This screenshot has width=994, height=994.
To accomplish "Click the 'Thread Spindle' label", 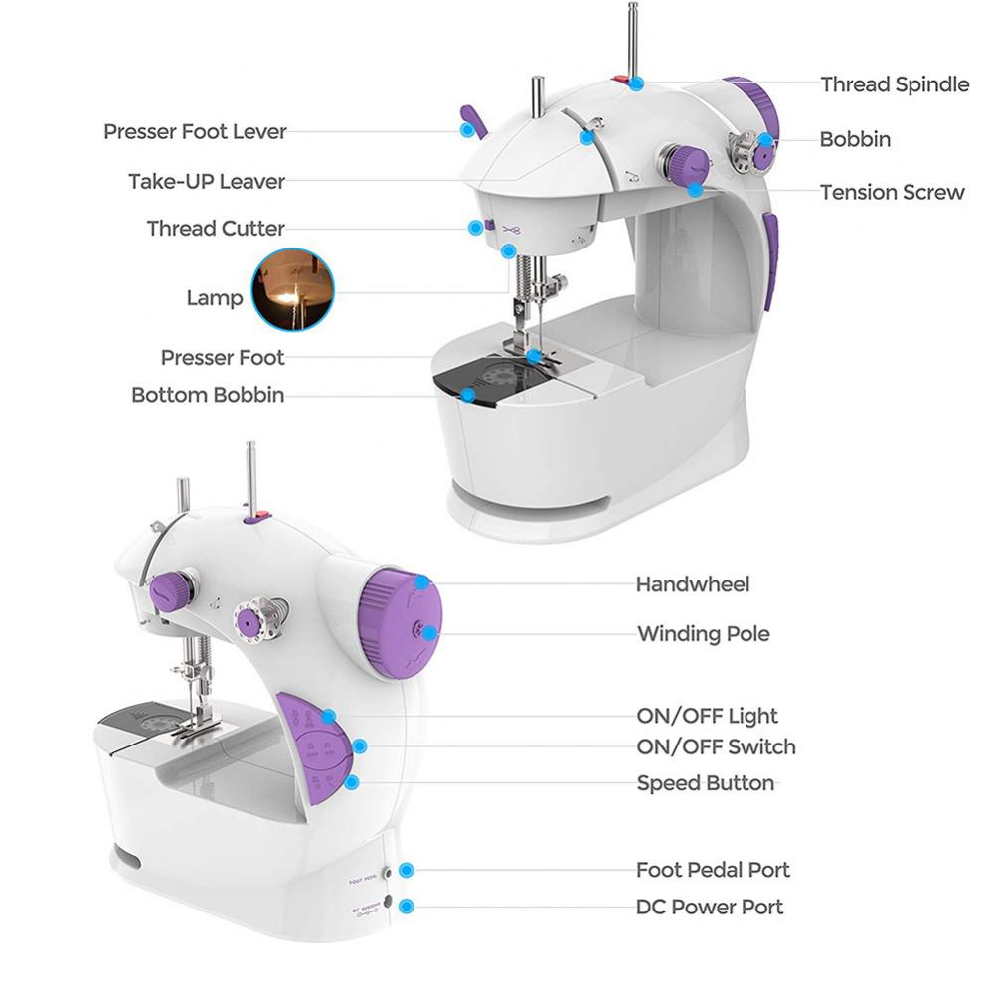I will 894,84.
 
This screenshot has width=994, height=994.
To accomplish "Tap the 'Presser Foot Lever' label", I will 195,131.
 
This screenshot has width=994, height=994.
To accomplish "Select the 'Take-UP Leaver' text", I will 207,181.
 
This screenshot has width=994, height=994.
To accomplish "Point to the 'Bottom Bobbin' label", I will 208,395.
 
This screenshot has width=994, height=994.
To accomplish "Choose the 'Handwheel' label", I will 693,584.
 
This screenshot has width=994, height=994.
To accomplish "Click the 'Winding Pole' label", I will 703,633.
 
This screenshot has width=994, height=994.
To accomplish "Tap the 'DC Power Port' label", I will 710,907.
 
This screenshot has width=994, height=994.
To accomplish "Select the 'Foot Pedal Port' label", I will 713,870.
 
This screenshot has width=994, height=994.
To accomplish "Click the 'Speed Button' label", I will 705,783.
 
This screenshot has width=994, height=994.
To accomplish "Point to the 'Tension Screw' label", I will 892,192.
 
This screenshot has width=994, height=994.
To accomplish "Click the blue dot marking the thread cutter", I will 476,227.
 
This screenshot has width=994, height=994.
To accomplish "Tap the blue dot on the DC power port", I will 406,906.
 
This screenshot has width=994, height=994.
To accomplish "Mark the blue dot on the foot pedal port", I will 406,871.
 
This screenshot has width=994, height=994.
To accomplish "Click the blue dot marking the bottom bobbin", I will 467,395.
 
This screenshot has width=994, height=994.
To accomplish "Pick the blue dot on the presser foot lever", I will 464,129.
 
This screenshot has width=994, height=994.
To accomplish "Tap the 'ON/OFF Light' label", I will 707,716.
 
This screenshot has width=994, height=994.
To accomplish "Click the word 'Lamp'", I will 215,298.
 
